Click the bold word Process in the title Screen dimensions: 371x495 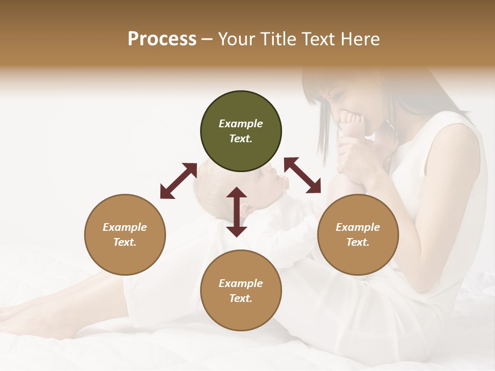162,39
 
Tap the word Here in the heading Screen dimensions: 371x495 360,39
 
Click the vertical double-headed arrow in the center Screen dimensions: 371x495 237,212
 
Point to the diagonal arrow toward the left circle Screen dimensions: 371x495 178,181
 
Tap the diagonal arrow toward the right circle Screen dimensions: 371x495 303,175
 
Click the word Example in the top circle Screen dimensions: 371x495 241,124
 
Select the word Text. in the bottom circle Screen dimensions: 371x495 241,298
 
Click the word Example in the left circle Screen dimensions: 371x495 125,227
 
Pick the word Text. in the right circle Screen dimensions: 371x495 358,242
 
